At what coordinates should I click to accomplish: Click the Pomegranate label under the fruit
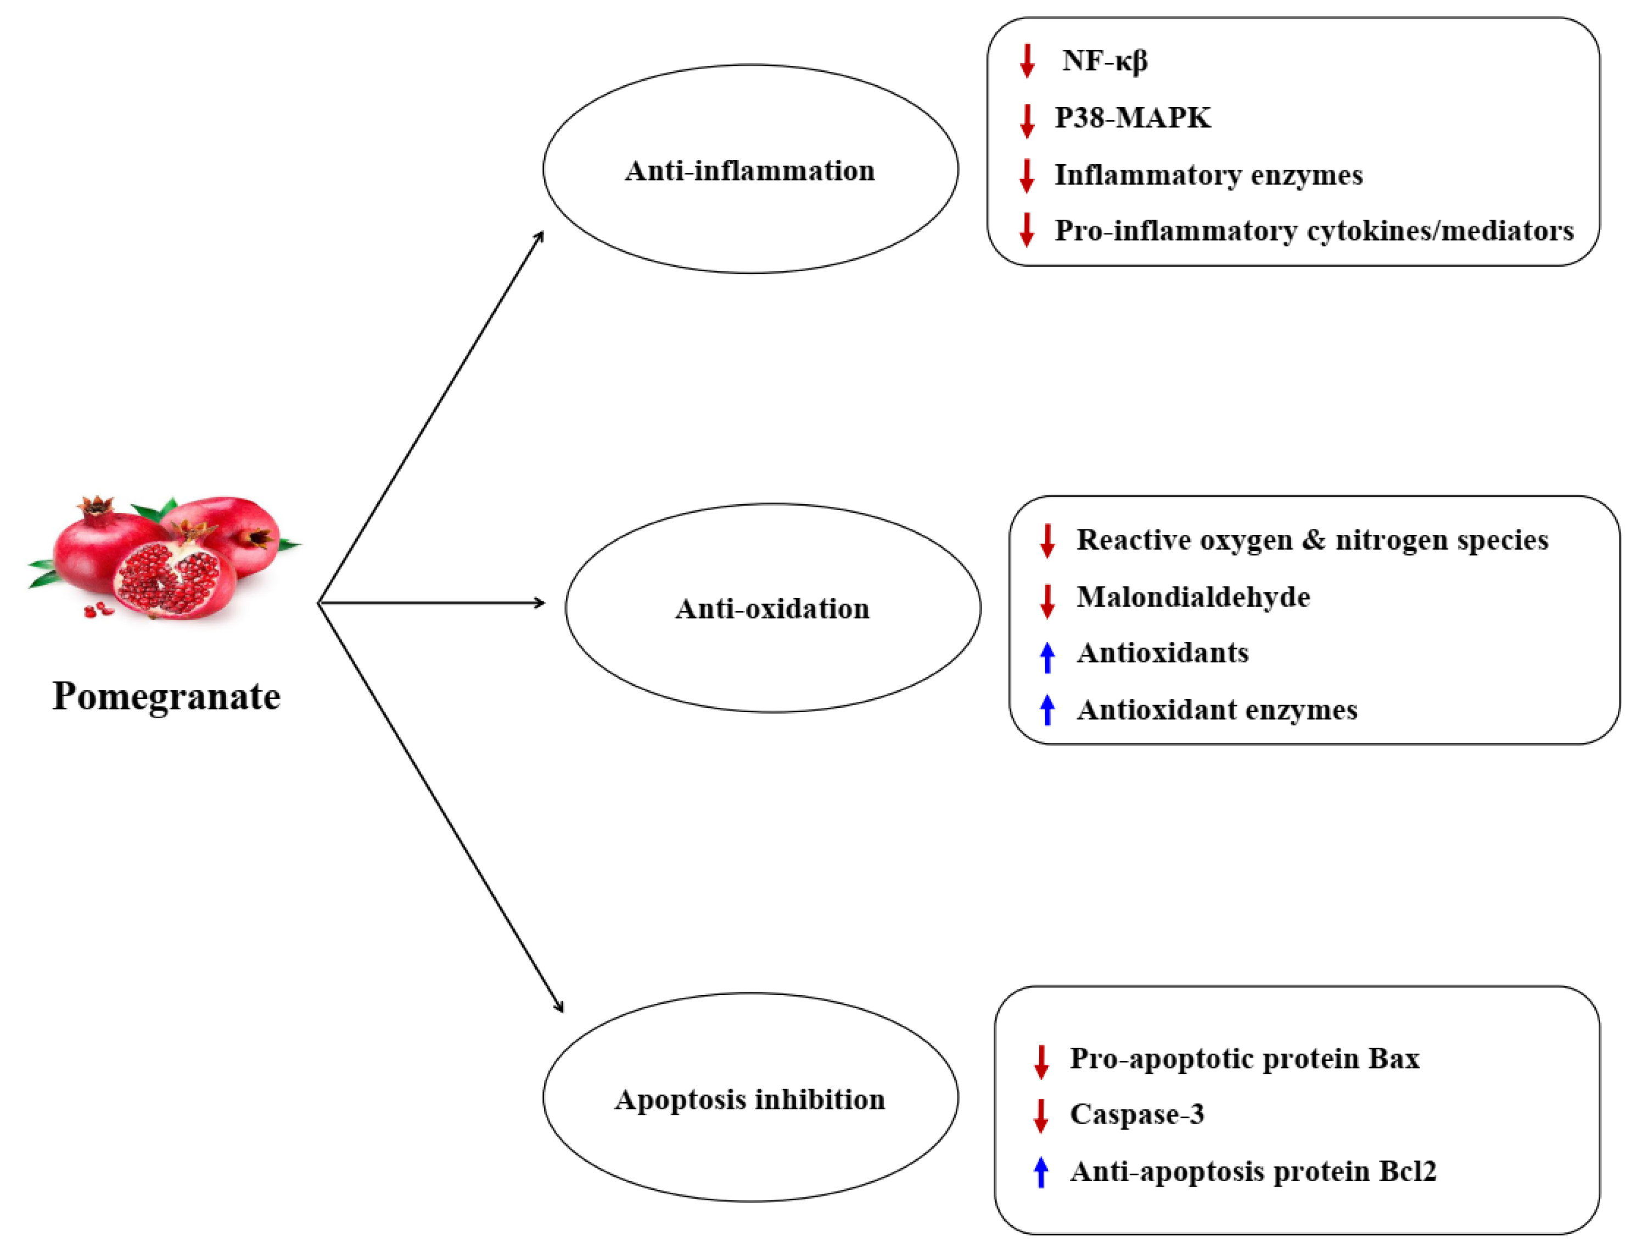click(x=166, y=697)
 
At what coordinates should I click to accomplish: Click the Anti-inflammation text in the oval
click(x=749, y=171)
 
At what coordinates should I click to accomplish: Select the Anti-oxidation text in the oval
click(x=772, y=610)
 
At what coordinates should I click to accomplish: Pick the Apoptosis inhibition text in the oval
click(x=749, y=1100)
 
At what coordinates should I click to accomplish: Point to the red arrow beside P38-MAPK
click(x=1027, y=121)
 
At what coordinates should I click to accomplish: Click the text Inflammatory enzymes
click(x=1208, y=176)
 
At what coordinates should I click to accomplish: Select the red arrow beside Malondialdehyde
click(x=1047, y=601)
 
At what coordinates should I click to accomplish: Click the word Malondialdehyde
click(x=1193, y=597)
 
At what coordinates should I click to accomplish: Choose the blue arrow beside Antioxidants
click(x=1047, y=657)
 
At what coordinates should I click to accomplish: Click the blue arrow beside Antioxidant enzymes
click(x=1047, y=710)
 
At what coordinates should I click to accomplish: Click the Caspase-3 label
click(x=1137, y=1115)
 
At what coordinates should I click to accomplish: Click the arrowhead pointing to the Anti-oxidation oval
click(x=540, y=603)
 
